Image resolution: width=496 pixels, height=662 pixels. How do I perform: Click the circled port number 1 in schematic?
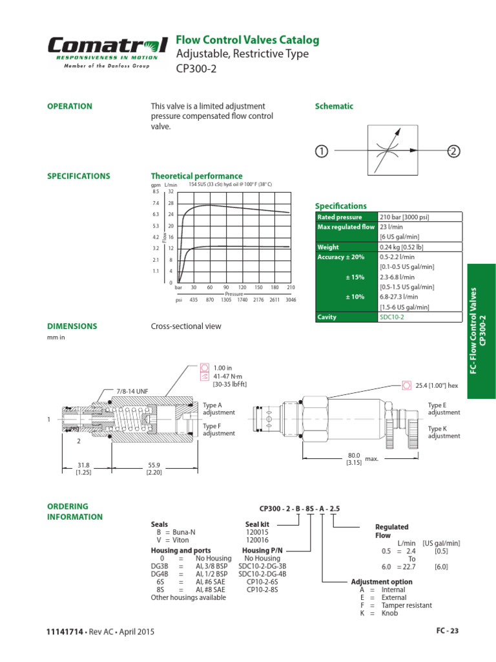[321, 151]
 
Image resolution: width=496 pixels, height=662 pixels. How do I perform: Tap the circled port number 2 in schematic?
[454, 151]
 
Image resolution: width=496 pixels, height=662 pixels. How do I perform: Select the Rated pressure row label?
[340, 217]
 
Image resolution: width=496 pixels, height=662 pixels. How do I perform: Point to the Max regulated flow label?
[346, 228]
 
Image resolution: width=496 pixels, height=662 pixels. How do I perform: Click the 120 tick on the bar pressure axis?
[242, 287]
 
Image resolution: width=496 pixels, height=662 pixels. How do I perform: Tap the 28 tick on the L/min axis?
[171, 203]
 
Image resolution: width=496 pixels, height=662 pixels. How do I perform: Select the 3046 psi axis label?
[290, 300]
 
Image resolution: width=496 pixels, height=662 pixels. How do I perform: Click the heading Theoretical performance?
[196, 176]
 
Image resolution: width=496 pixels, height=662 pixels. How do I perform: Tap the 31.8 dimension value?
[82, 465]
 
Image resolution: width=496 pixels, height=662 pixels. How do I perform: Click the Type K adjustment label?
[444, 432]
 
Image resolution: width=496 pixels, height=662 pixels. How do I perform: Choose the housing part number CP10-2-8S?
[262, 590]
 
